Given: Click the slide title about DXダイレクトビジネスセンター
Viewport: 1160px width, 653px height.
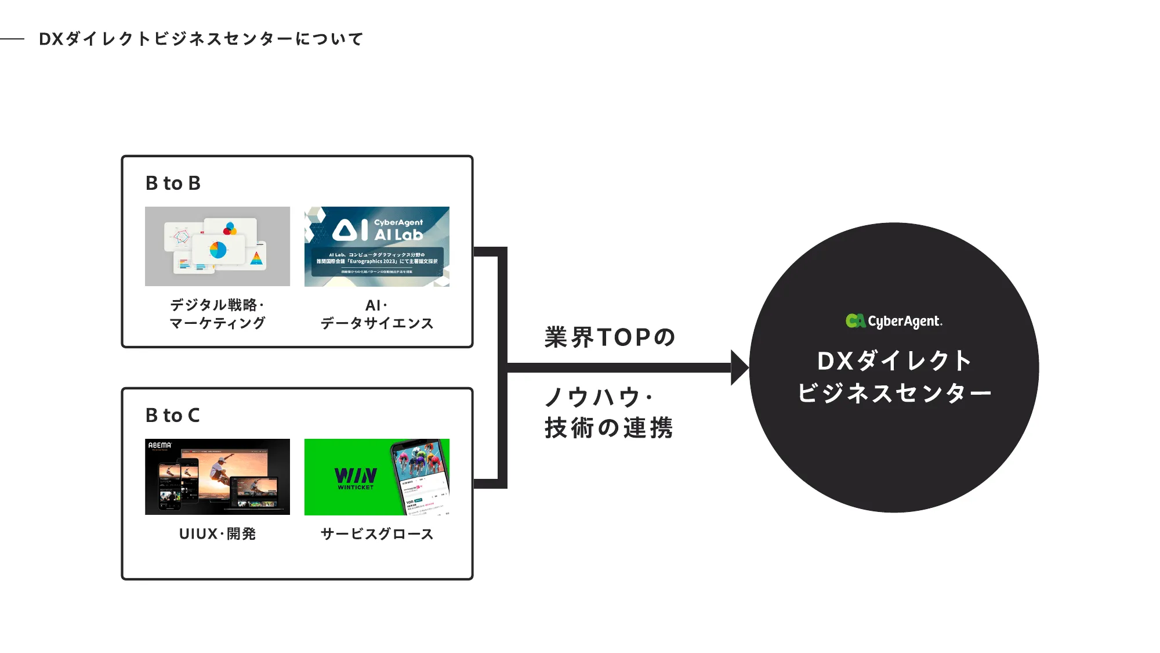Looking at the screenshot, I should point(201,39).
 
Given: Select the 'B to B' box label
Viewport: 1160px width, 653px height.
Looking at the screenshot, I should point(173,183).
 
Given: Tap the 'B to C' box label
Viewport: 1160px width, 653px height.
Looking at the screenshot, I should point(172,416).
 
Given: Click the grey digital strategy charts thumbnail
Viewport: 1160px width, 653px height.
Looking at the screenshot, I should point(217,246).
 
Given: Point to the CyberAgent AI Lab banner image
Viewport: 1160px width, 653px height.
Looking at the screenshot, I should point(377,246).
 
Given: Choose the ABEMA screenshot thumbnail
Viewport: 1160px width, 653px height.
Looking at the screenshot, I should point(217,477).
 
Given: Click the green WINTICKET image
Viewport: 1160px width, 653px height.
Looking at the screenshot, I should point(377,477).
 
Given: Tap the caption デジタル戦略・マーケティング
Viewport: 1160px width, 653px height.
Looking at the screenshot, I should point(217,314).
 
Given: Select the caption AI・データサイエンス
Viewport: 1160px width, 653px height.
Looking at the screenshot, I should point(377,314).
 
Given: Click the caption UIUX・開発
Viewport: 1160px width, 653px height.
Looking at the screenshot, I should point(217,534).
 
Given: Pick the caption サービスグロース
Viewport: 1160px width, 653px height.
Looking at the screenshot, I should point(377,534).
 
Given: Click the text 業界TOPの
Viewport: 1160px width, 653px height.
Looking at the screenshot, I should point(610,337).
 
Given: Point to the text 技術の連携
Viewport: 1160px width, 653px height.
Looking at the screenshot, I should point(609,428).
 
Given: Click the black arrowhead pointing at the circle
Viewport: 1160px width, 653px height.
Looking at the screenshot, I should point(739,367).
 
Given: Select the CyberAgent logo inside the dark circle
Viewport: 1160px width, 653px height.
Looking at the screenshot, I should point(894,321).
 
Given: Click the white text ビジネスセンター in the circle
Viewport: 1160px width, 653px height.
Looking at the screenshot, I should point(894,394).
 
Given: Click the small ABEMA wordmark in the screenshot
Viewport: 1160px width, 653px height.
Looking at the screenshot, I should point(160,445).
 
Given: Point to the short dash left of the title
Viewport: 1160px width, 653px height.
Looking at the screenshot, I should point(12,39).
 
